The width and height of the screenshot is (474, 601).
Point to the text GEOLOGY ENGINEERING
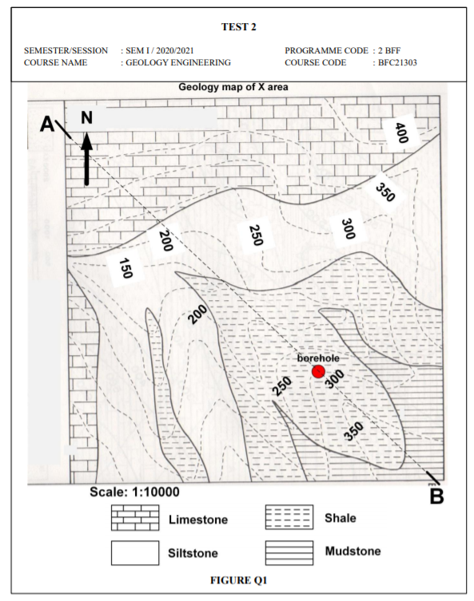(177, 62)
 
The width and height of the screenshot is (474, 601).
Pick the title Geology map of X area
(233, 86)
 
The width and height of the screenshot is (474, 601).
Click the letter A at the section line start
(48, 124)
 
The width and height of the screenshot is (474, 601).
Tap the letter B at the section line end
(436, 496)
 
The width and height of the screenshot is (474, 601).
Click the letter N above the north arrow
(86, 118)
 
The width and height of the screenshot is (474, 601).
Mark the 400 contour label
(401, 132)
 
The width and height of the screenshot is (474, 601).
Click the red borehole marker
(318, 372)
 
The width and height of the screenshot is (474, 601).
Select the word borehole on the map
(318, 359)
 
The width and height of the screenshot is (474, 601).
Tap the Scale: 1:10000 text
(135, 492)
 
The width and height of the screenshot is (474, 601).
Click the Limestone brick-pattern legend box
(135, 519)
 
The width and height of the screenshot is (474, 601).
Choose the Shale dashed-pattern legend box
(289, 518)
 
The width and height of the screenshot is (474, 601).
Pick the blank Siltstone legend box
(135, 552)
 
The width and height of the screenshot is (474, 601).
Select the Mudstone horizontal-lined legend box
(289, 552)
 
